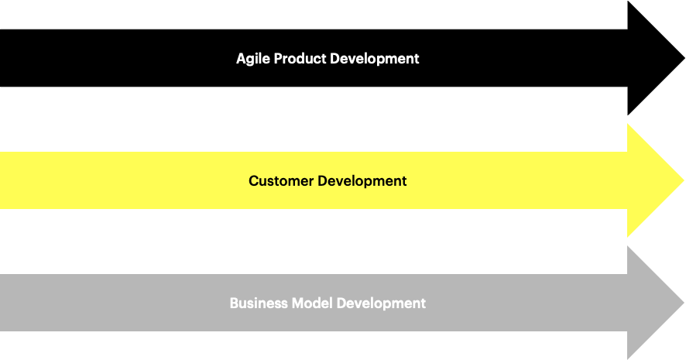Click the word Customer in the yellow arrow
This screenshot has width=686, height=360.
[281, 180]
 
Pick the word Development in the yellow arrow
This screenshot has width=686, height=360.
[362, 181]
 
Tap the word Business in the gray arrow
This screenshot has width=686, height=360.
[259, 303]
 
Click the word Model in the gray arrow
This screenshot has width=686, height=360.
[312, 303]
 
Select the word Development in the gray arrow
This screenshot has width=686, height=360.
[381, 304]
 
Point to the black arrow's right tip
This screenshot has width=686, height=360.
[684, 58]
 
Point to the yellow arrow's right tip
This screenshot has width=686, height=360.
[684, 180]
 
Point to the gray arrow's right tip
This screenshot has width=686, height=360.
[684, 302]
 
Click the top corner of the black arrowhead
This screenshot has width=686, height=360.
[628, 2]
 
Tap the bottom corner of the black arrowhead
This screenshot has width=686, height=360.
[628, 115]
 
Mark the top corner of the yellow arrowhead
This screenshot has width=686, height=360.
[628, 124]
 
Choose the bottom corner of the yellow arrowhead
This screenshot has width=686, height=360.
[628, 237]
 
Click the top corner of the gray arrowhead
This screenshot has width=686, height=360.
[628, 246]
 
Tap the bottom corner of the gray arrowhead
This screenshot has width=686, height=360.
[628, 359]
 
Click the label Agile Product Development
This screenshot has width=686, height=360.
[328, 59]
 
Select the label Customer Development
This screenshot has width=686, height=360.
[328, 181]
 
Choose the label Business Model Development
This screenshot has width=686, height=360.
[328, 304]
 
